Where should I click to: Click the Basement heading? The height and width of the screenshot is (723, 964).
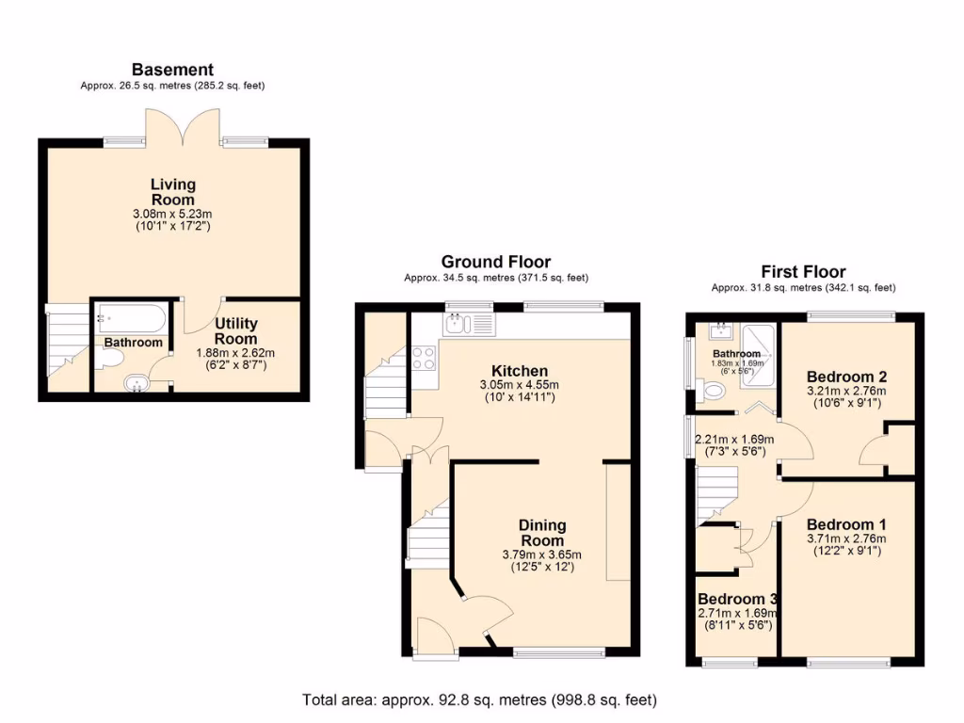[172, 70]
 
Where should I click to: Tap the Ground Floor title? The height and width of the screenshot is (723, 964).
[496, 262]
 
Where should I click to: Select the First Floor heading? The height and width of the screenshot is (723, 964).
[803, 272]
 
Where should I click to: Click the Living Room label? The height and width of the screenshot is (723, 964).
[172, 192]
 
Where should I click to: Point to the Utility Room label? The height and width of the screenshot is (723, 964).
[235, 331]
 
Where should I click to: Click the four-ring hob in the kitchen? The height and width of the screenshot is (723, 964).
[425, 358]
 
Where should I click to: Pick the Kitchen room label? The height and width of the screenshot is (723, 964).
[519, 371]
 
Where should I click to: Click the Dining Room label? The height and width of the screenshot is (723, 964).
[542, 533]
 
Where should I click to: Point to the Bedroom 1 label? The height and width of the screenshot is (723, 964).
[845, 524]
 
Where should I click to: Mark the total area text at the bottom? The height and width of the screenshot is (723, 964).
[479, 700]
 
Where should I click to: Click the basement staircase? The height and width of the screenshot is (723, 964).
[67, 339]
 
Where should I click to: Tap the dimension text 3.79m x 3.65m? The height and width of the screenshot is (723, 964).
[542, 554]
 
